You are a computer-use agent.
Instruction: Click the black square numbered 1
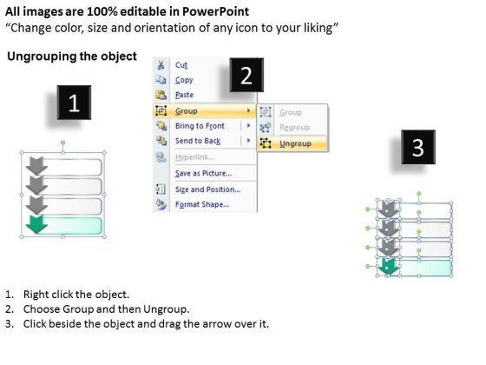click(74, 103)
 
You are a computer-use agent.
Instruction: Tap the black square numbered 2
click(246, 75)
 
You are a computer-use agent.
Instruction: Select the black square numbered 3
click(418, 147)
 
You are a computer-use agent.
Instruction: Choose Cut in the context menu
click(181, 65)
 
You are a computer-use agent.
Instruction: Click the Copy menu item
click(184, 80)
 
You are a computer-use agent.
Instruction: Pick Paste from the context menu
click(184, 95)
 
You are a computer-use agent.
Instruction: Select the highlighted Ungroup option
click(295, 143)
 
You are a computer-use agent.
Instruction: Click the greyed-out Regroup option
click(294, 127)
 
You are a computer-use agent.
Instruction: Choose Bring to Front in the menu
click(200, 126)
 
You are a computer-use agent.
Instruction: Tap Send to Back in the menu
click(198, 141)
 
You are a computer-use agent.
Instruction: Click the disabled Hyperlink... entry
click(194, 157)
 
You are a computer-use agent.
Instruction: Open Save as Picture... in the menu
click(203, 173)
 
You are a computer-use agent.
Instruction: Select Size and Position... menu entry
click(207, 189)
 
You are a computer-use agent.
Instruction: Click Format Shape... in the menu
click(202, 204)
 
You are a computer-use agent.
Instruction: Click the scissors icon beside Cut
click(161, 65)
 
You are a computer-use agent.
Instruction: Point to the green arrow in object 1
click(36, 225)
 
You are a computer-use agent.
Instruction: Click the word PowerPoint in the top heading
click(215, 11)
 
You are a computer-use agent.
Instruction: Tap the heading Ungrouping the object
click(72, 56)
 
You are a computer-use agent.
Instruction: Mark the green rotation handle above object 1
click(62, 143)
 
